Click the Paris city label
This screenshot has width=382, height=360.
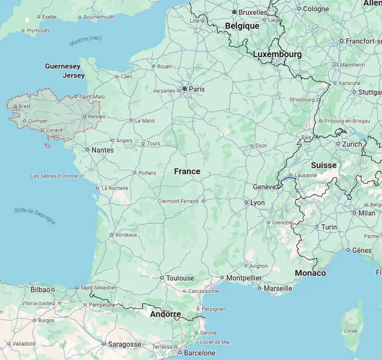[x=197, y=89]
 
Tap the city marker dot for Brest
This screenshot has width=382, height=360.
[x=15, y=106]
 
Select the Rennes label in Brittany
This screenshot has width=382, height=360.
[x=96, y=117]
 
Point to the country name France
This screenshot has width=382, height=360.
[x=187, y=171]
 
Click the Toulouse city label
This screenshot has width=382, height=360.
[x=180, y=278]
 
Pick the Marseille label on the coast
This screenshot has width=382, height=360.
[x=278, y=288]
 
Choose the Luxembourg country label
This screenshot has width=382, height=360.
[x=277, y=55]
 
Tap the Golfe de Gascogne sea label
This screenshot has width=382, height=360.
[x=35, y=216]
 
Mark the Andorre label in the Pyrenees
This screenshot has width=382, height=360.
[x=165, y=314]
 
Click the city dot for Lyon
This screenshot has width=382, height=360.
[x=246, y=202]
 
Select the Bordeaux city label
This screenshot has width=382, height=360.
[x=126, y=235]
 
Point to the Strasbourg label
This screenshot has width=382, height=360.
[x=302, y=99]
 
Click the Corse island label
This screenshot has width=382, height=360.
[x=351, y=331]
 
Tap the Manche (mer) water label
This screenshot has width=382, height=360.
[x=85, y=41]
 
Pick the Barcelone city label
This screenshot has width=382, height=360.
[x=200, y=353]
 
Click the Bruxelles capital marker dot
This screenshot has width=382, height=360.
[x=234, y=12]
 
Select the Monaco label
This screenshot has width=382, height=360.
[x=310, y=273]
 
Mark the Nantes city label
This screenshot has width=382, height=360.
[x=103, y=150]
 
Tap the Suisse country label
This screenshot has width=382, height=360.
[x=324, y=165]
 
